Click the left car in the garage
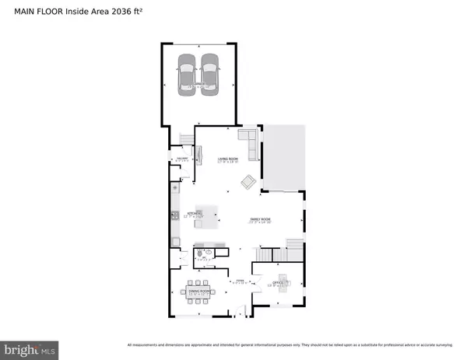(187, 74)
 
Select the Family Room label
(260, 221)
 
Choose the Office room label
(279, 284)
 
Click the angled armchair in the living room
(248, 182)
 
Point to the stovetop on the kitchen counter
(175, 215)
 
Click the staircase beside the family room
(280, 253)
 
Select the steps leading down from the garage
(185, 138)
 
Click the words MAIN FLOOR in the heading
(30, 10)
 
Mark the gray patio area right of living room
(284, 159)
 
